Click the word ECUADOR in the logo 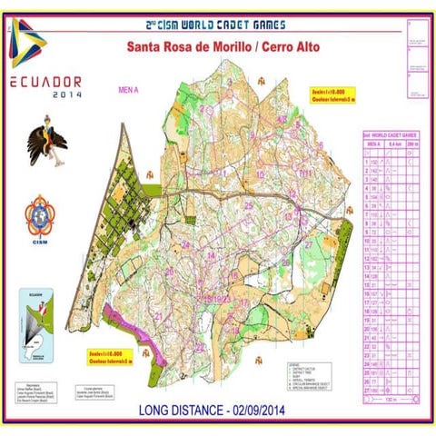point(45,81)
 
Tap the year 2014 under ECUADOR point(66,94)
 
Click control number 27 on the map point(310,243)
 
